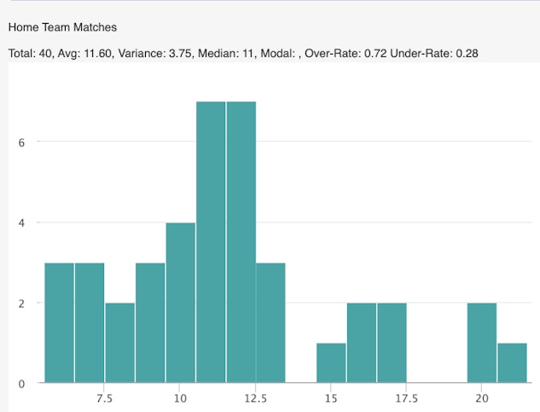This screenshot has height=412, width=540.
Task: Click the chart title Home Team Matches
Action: [62, 27]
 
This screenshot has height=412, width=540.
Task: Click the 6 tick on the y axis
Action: [21, 142]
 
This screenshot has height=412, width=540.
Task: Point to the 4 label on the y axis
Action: [21, 223]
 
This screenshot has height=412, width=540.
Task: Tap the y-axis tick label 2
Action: [21, 303]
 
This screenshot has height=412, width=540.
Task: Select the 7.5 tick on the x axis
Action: [104, 398]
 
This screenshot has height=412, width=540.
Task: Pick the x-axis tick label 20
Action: [482, 398]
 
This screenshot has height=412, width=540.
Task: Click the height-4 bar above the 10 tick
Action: [180, 303]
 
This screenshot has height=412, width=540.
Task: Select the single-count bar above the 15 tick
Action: [331, 363]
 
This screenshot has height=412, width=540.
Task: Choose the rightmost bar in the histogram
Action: [512, 363]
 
